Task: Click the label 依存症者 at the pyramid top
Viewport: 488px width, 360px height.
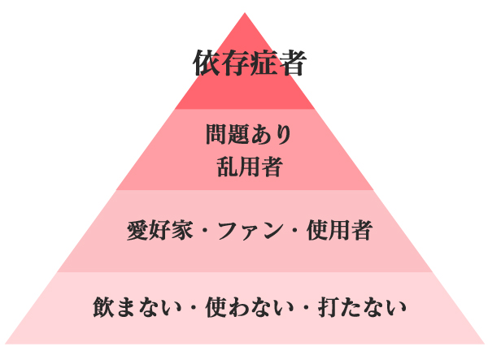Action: pos(249,63)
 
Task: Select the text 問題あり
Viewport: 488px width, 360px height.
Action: pos(248,135)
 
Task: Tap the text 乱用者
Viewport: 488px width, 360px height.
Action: pos(249,166)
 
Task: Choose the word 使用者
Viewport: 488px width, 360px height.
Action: pos(339,232)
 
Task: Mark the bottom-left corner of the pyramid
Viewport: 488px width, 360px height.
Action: pos(4,345)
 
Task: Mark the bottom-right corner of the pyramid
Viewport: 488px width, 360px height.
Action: pos(486,345)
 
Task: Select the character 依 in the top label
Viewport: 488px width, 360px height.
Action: pos(207,63)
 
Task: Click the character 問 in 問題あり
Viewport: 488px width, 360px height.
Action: pos(216,135)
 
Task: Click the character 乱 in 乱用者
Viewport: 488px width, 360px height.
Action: pos(228,166)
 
